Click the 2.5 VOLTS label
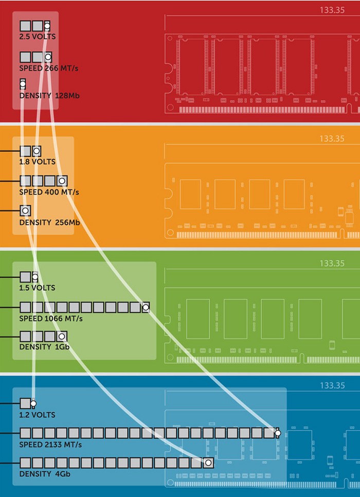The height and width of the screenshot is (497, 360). tap(38, 37)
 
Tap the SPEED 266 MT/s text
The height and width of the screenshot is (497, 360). tap(49, 68)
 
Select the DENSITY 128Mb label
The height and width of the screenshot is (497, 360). tap(48, 96)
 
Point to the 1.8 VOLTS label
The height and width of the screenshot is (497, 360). tap(37, 162)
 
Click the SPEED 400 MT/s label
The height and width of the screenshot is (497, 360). tap(49, 192)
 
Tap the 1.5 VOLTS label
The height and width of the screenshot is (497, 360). tap(37, 288)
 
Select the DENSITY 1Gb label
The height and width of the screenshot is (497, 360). tap(44, 347)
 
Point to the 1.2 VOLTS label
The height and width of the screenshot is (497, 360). tap(37, 415)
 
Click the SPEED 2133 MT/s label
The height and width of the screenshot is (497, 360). tap(50, 445)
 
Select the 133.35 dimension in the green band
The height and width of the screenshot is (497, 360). tap(332, 263)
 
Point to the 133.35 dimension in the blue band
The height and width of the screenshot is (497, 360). tap(332, 385)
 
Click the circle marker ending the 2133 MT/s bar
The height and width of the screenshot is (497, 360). tap(278, 433)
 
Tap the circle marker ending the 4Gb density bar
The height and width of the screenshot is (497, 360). tap(208, 463)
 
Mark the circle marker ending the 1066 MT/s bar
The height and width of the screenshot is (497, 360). tap(146, 307)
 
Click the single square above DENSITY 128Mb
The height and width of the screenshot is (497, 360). tap(23, 84)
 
